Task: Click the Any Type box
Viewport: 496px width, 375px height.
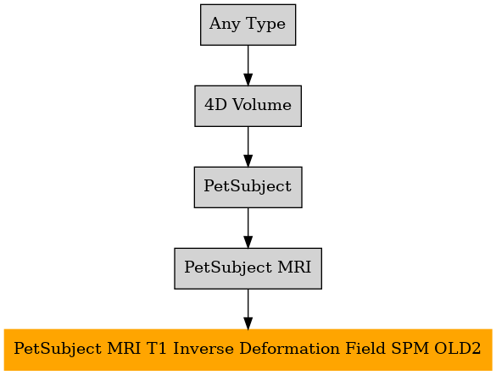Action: point(248,25)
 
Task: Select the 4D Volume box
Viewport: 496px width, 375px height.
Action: point(248,106)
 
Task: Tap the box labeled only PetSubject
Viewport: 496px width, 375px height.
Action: point(248,187)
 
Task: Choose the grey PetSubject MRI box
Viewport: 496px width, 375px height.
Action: point(248,268)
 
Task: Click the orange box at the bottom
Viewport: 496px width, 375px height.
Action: point(248,350)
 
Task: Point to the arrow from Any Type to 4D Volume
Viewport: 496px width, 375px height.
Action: point(248,65)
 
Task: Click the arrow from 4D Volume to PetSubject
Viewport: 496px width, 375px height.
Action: point(248,146)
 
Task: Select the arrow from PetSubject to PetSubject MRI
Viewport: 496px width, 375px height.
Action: point(248,228)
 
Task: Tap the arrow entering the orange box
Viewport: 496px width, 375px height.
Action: point(248,309)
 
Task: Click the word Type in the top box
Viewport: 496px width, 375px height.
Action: point(265,25)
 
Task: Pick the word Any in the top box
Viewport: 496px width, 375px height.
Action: point(225,25)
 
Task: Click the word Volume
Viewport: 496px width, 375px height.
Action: point(262,105)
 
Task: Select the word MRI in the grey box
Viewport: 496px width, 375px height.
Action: point(294,267)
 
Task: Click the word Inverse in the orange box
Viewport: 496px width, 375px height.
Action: point(203,349)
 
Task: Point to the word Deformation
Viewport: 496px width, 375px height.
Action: point(289,349)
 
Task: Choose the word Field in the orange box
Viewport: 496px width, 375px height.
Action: point(365,349)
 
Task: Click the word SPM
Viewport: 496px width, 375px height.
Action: point(410,349)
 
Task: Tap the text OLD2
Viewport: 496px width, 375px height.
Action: point(457,349)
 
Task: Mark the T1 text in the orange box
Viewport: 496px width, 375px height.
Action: point(156,349)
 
